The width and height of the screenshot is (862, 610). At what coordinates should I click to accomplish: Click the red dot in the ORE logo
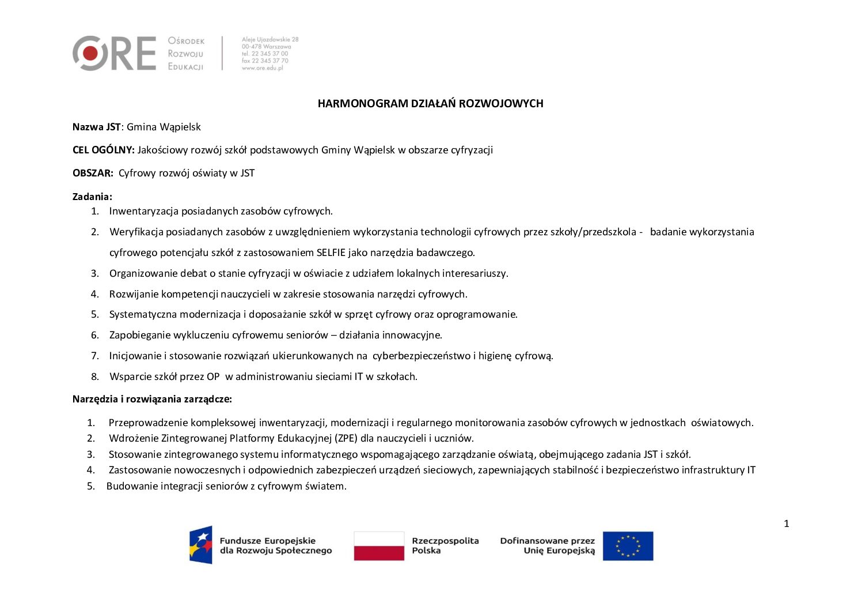tap(90, 53)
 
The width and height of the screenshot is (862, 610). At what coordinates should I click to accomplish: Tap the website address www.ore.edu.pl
tap(263, 68)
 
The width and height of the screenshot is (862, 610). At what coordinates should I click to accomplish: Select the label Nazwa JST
tap(96, 127)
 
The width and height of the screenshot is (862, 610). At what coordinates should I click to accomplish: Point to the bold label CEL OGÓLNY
tap(103, 150)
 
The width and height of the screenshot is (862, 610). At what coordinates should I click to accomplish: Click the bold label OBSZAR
tap(93, 173)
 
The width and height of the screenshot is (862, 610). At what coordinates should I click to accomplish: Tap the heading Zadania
tap(92, 197)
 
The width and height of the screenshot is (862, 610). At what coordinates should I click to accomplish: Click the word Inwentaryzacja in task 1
tap(144, 211)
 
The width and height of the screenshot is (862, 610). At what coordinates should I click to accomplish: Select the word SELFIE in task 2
tap(332, 253)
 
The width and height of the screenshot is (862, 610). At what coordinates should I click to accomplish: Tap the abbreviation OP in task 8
tap(213, 376)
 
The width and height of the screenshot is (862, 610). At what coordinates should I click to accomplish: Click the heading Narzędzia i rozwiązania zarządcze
tap(152, 399)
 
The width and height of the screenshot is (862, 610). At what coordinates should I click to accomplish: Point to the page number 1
tap(787, 524)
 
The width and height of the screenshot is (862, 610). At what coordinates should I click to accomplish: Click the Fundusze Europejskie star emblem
tap(201, 545)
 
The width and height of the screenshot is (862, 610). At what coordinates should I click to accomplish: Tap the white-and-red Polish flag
tap(379, 545)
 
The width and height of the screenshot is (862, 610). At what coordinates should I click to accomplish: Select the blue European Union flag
tap(628, 545)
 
